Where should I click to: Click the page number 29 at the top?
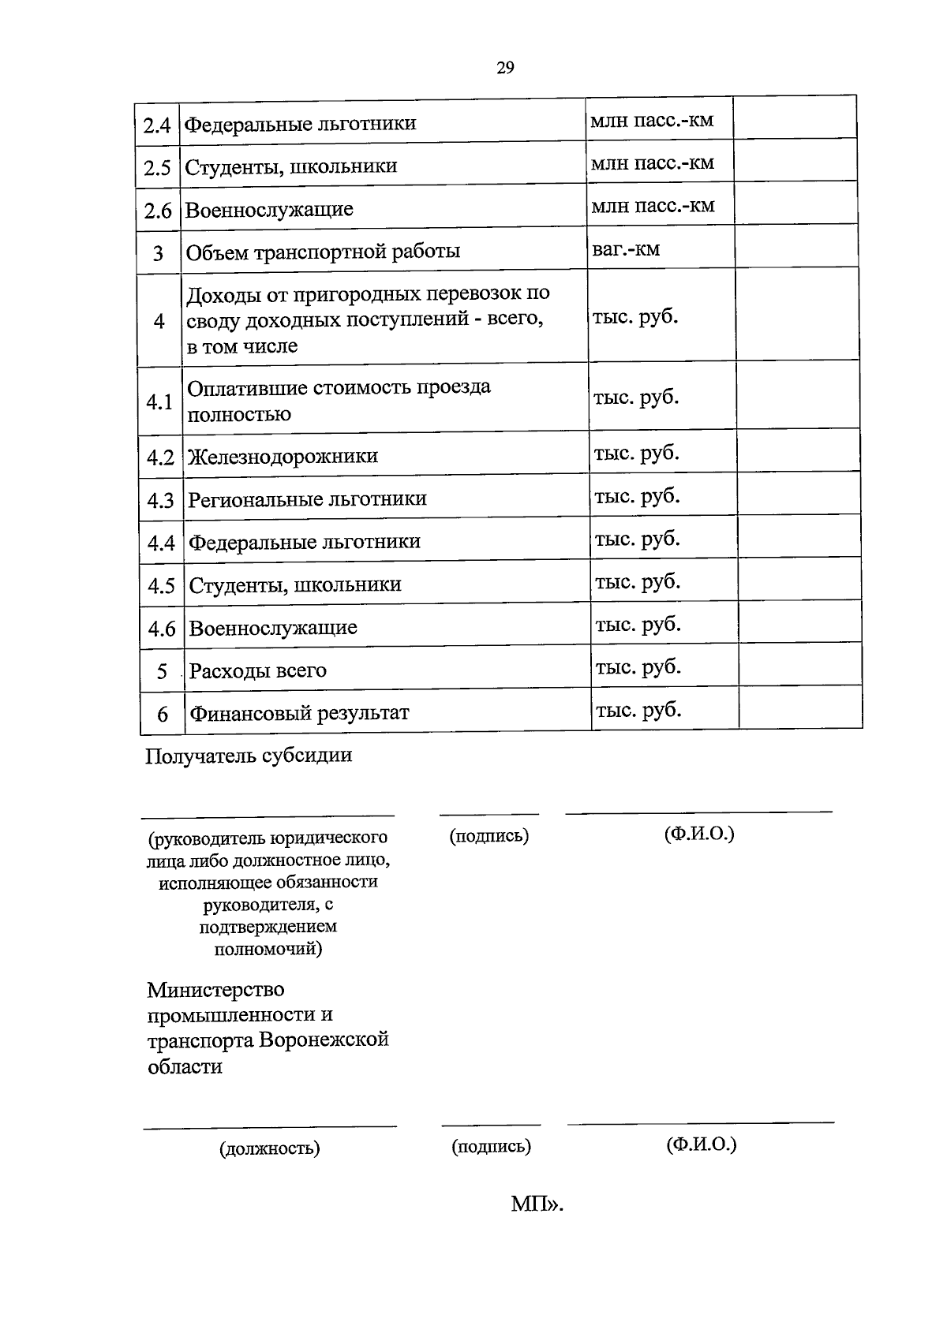[x=506, y=68]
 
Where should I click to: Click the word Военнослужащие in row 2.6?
[x=269, y=210]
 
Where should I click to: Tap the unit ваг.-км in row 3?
[x=626, y=249]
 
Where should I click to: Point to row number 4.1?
[x=159, y=402]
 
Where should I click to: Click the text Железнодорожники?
[x=283, y=457]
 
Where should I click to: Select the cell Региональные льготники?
[x=307, y=499]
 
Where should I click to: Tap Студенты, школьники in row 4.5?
[x=295, y=585]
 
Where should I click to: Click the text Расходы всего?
[x=258, y=671]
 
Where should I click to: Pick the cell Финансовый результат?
[x=299, y=714]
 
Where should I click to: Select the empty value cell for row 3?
[x=796, y=246]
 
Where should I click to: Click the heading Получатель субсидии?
[x=249, y=756]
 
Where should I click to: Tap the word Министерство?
[x=215, y=989]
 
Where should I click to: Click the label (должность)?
[x=269, y=1148]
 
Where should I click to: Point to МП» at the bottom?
[x=537, y=1204]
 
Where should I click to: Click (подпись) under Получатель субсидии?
[x=489, y=836]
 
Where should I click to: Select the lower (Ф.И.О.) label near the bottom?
[x=701, y=1144]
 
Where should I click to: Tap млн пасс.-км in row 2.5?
[x=653, y=162]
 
